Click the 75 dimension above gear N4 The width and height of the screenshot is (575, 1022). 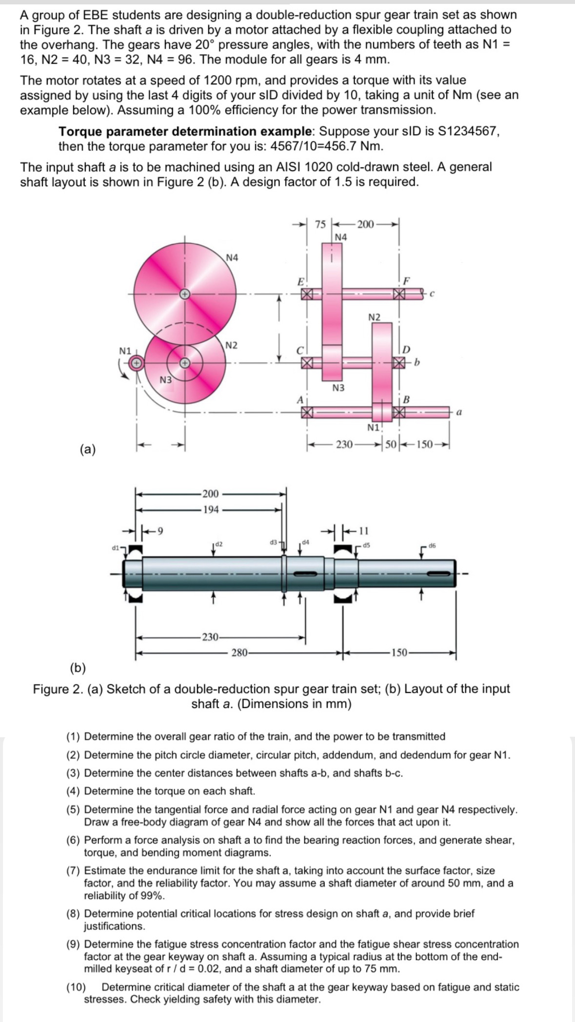[320, 225]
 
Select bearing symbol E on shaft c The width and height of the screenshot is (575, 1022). [306, 294]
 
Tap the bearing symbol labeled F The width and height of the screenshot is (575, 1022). [400, 294]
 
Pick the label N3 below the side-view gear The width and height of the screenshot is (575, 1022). [338, 388]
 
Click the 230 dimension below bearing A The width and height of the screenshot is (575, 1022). [344, 445]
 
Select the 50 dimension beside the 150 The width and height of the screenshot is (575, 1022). [391, 445]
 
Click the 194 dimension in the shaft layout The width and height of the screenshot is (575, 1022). [211, 510]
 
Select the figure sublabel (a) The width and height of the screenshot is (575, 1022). [88, 449]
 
